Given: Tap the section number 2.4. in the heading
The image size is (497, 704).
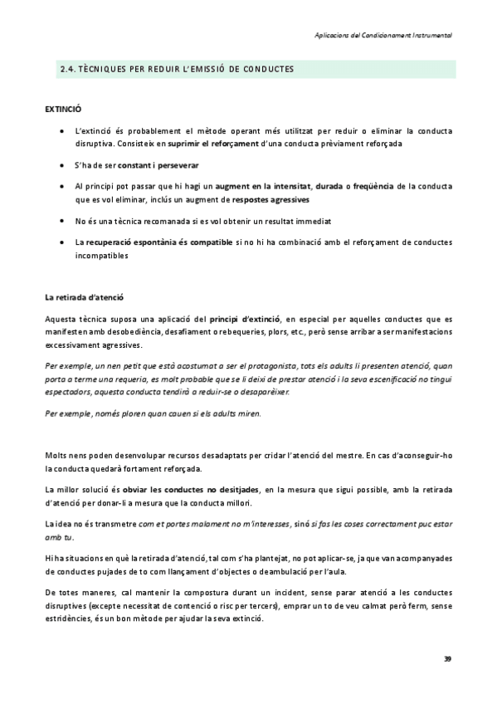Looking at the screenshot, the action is click(69, 68).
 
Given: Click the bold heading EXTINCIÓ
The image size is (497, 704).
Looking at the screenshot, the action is click(63, 109).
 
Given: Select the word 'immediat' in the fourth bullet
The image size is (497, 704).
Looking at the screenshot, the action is click(311, 221).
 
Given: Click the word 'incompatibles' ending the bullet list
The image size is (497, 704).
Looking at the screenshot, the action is click(101, 256).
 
